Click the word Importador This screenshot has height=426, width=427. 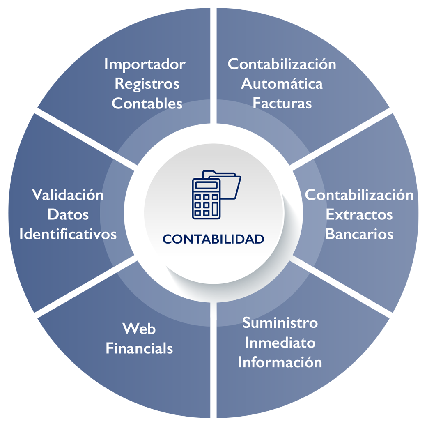tap(145, 64)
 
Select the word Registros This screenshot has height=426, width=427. tap(147, 84)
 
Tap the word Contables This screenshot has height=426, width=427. tap(147, 103)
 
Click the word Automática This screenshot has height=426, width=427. tap(282, 84)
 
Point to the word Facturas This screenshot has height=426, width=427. tap(282, 103)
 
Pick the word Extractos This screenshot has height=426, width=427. tap(359, 214)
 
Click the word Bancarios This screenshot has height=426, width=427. tap(359, 234)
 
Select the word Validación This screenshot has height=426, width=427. tap(68, 195)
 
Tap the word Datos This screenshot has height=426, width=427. tap(68, 214)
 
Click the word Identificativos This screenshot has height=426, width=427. tap(68, 234)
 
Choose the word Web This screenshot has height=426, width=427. tap(139, 329)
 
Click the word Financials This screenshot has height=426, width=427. tap(139, 349)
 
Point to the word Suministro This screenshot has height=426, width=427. tap(280, 323)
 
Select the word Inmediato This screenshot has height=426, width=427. tap(280, 343)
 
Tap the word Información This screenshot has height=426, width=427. tap(280, 362)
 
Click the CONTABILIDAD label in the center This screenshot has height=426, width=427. tap(213, 239)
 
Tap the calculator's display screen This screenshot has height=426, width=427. tap(206, 185)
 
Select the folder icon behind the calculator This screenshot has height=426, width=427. tap(230, 185)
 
